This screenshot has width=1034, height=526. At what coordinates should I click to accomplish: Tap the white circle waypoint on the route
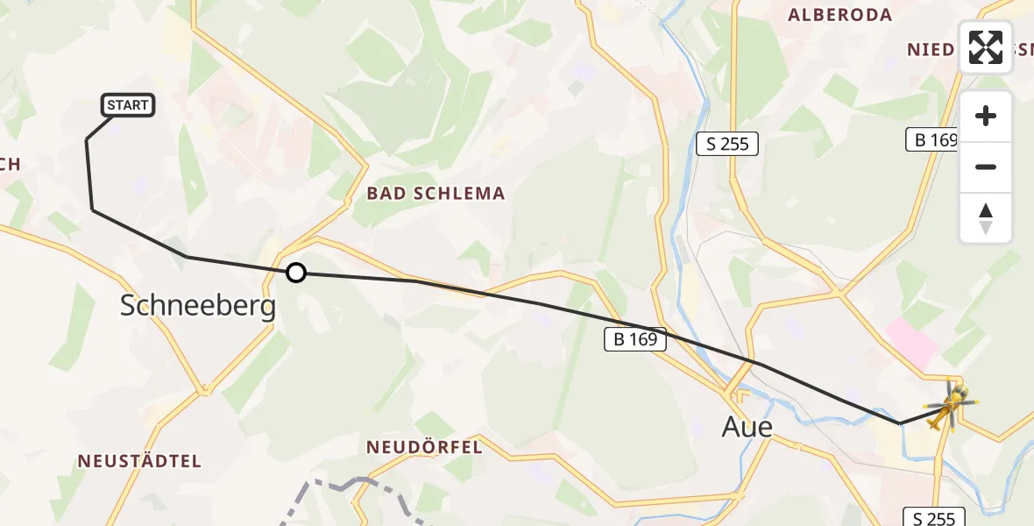tap(296, 273)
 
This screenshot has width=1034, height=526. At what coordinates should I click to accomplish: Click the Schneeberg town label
tap(197, 306)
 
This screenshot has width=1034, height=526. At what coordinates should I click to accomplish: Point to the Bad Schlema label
tap(436, 194)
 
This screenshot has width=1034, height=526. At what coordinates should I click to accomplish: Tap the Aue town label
tap(747, 427)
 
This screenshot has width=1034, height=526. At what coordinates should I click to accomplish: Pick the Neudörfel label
tap(424, 448)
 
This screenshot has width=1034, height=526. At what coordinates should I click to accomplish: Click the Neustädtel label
tap(139, 461)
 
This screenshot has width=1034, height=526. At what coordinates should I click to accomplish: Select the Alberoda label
tap(839, 15)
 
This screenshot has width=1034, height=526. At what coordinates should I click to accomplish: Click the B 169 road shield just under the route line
tap(636, 339)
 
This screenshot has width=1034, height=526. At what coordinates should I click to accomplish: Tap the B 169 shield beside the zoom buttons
tap(932, 139)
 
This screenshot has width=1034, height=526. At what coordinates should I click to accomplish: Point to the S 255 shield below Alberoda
tap(727, 144)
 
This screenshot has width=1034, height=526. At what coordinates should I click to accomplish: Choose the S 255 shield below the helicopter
tap(934, 518)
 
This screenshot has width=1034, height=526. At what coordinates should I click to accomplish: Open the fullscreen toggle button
tap(986, 47)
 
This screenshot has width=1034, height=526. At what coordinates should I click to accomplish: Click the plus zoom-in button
tap(986, 117)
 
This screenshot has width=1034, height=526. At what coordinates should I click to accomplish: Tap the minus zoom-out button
tap(986, 167)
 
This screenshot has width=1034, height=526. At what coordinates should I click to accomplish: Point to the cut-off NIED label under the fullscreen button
tap(932, 49)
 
